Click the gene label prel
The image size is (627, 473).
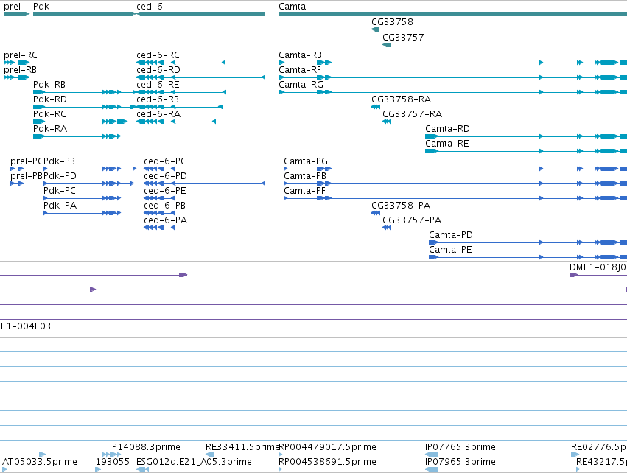(12, 7)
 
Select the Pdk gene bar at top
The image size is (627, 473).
(85, 14)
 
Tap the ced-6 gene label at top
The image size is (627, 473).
(149, 7)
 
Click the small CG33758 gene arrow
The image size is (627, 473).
(375, 29)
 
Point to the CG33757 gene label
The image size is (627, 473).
(403, 37)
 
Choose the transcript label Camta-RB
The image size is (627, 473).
(301, 55)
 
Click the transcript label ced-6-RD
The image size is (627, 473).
(158, 69)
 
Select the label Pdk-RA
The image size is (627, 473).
(50, 129)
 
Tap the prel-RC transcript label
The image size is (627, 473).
(21, 55)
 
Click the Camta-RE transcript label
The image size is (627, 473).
(447, 144)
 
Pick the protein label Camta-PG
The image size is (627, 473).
(306, 161)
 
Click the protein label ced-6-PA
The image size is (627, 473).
(166, 220)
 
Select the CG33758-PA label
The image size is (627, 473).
(401, 205)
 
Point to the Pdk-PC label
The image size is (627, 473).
(60, 191)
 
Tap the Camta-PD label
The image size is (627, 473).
(451, 235)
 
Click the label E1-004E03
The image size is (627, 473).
(26, 326)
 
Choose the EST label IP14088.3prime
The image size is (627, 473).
(144, 446)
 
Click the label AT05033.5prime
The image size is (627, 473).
(40, 461)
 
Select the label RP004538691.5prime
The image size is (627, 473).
(327, 461)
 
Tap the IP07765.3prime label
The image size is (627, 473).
(460, 446)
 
